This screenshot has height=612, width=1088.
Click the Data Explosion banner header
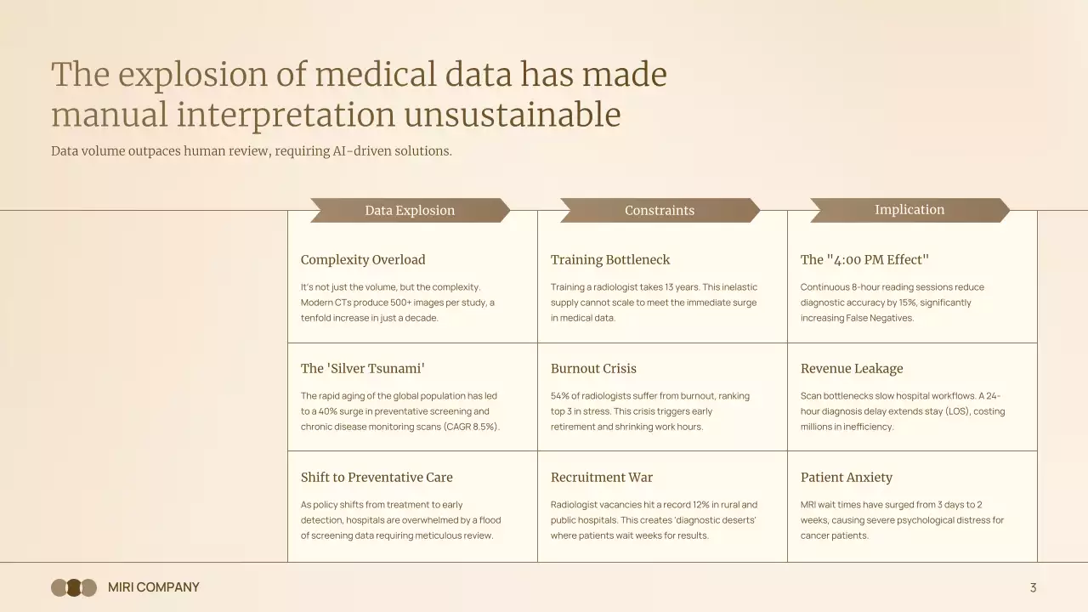tap(410, 210)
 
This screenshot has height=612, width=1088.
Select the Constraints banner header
tap(660, 210)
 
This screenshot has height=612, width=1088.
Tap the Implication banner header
tap(909, 210)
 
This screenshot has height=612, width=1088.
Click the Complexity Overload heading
tap(363, 260)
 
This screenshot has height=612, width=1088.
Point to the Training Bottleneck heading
tap(610, 260)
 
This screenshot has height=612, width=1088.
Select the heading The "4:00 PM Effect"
tap(864, 260)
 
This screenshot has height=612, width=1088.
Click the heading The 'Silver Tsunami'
tap(363, 369)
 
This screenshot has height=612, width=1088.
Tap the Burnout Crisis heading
tap(593, 369)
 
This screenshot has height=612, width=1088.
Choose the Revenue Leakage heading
tap(852, 369)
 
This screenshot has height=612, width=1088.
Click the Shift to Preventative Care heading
tap(377, 478)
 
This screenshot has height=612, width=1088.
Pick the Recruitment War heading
tap(602, 478)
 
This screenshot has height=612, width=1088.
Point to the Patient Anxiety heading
tap(847, 478)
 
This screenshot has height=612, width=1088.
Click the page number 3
tap(1033, 587)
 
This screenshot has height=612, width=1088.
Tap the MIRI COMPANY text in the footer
tap(154, 587)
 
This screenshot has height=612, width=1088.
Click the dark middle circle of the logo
tap(74, 587)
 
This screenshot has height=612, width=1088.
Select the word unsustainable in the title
tap(513, 115)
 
